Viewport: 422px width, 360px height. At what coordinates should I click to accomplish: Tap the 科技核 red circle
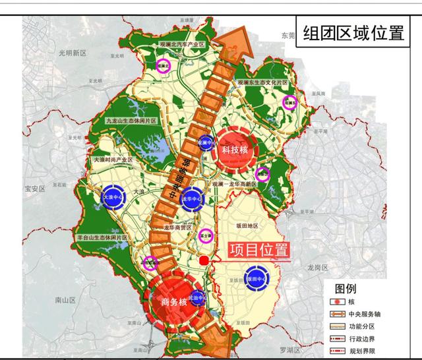[x=234, y=150]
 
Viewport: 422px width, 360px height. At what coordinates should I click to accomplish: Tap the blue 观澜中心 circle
[x=207, y=142]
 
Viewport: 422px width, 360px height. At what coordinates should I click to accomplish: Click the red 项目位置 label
[x=258, y=251]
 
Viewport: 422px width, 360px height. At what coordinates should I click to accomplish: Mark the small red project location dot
[x=206, y=261]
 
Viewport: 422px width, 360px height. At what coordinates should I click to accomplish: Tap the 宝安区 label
[x=34, y=188]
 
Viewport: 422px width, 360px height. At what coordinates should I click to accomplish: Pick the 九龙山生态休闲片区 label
[x=136, y=121]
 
